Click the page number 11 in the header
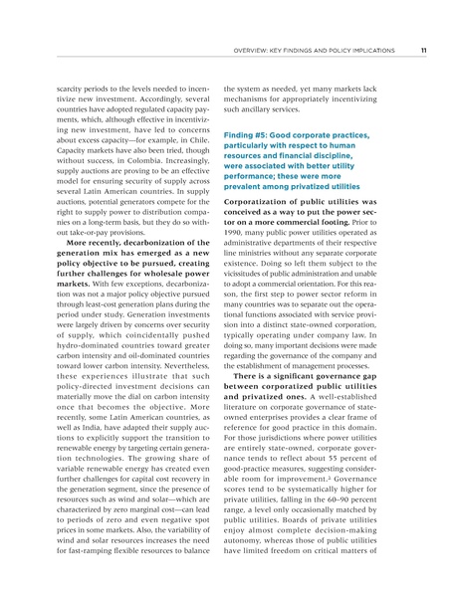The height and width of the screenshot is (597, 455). [x=423, y=50]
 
